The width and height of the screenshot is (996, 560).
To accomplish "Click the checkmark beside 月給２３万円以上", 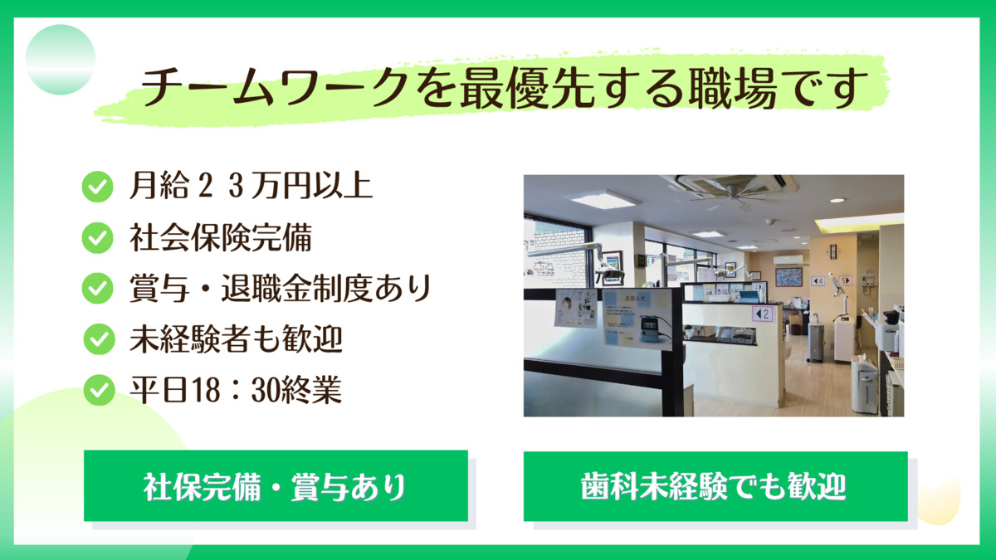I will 97,187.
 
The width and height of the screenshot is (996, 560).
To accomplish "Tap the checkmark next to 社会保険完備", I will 97,238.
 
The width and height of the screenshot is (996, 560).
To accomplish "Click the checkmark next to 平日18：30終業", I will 99,390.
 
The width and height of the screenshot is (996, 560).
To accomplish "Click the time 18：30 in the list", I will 205,390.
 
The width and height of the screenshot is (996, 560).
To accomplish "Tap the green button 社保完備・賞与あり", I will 276,486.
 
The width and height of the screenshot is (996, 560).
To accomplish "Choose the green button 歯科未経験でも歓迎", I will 715,486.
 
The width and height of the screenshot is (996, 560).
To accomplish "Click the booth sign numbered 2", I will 762,314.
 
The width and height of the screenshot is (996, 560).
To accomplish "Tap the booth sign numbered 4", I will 818,280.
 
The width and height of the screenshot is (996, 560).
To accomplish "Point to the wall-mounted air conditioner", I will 788,259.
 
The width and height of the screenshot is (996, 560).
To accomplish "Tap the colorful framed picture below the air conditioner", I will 788,276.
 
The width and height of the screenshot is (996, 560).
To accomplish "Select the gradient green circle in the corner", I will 61,60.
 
